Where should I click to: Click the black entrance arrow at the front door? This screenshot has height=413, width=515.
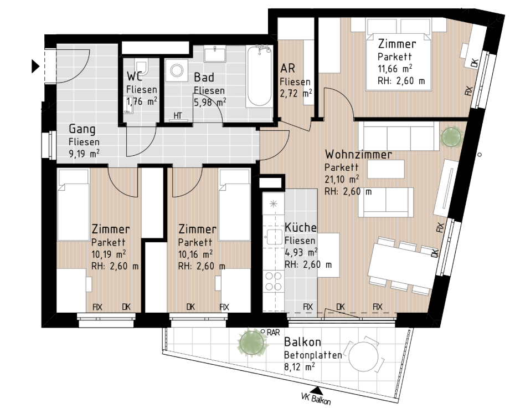point(35,66)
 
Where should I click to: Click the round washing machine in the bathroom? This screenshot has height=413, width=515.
point(177,70)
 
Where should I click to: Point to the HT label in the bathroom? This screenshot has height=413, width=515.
point(178,116)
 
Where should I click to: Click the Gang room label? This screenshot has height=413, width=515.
point(82,129)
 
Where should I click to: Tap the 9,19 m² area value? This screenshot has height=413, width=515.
point(84,153)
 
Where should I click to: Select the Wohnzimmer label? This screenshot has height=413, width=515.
point(358,154)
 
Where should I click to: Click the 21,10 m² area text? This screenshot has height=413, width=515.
point(342,179)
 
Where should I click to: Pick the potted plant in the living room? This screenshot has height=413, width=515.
point(451,136)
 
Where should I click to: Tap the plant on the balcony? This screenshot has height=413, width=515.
point(253,343)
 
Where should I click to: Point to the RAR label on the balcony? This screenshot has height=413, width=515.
point(273,333)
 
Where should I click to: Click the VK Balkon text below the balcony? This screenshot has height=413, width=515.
point(316,399)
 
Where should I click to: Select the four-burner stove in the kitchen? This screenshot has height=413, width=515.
point(274,281)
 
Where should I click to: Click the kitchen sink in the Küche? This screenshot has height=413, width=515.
point(274,237)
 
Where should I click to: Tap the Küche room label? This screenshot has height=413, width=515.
point(301,227)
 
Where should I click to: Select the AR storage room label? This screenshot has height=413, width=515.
point(288,68)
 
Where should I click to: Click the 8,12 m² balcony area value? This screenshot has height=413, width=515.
point(300,366)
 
